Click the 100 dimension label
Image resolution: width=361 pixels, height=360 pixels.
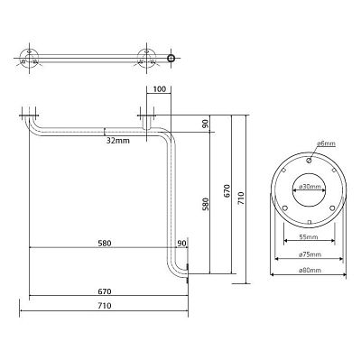(159, 89)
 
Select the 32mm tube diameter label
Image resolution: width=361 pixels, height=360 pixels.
(118, 141)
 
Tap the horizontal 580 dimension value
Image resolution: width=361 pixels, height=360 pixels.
(105, 243)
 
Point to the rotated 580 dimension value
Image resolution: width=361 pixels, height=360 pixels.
(206, 204)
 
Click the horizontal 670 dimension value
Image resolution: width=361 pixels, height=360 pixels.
(105, 291)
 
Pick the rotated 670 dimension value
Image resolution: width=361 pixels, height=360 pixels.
(227, 191)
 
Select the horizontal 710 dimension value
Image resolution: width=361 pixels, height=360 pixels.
(105, 306)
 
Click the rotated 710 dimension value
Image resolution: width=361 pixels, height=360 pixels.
(242, 198)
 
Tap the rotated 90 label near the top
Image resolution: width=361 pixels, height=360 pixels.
(206, 124)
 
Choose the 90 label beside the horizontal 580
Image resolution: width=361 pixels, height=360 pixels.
(181, 244)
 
